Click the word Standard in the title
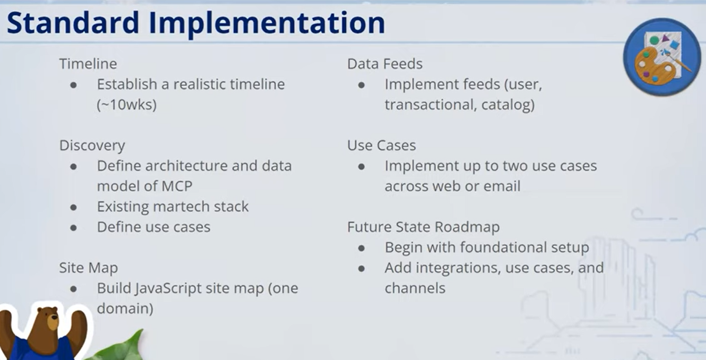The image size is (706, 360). pos(73,22)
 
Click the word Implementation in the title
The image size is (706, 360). pos(267,23)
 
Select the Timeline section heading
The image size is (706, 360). pos(88,64)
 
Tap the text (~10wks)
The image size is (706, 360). pos(127,105)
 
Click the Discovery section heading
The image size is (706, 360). pos(92,145)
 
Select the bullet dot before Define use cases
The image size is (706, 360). pos(73,227)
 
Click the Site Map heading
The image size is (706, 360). pos(88,268)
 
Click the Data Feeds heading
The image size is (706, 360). pos(385,64)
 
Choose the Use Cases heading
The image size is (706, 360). pos(381,145)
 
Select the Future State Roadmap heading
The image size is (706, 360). pos(423,227)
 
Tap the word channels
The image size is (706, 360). pos(415,288)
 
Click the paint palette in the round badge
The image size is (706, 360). pos(655,65)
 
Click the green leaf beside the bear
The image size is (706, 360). pos(126,347)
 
